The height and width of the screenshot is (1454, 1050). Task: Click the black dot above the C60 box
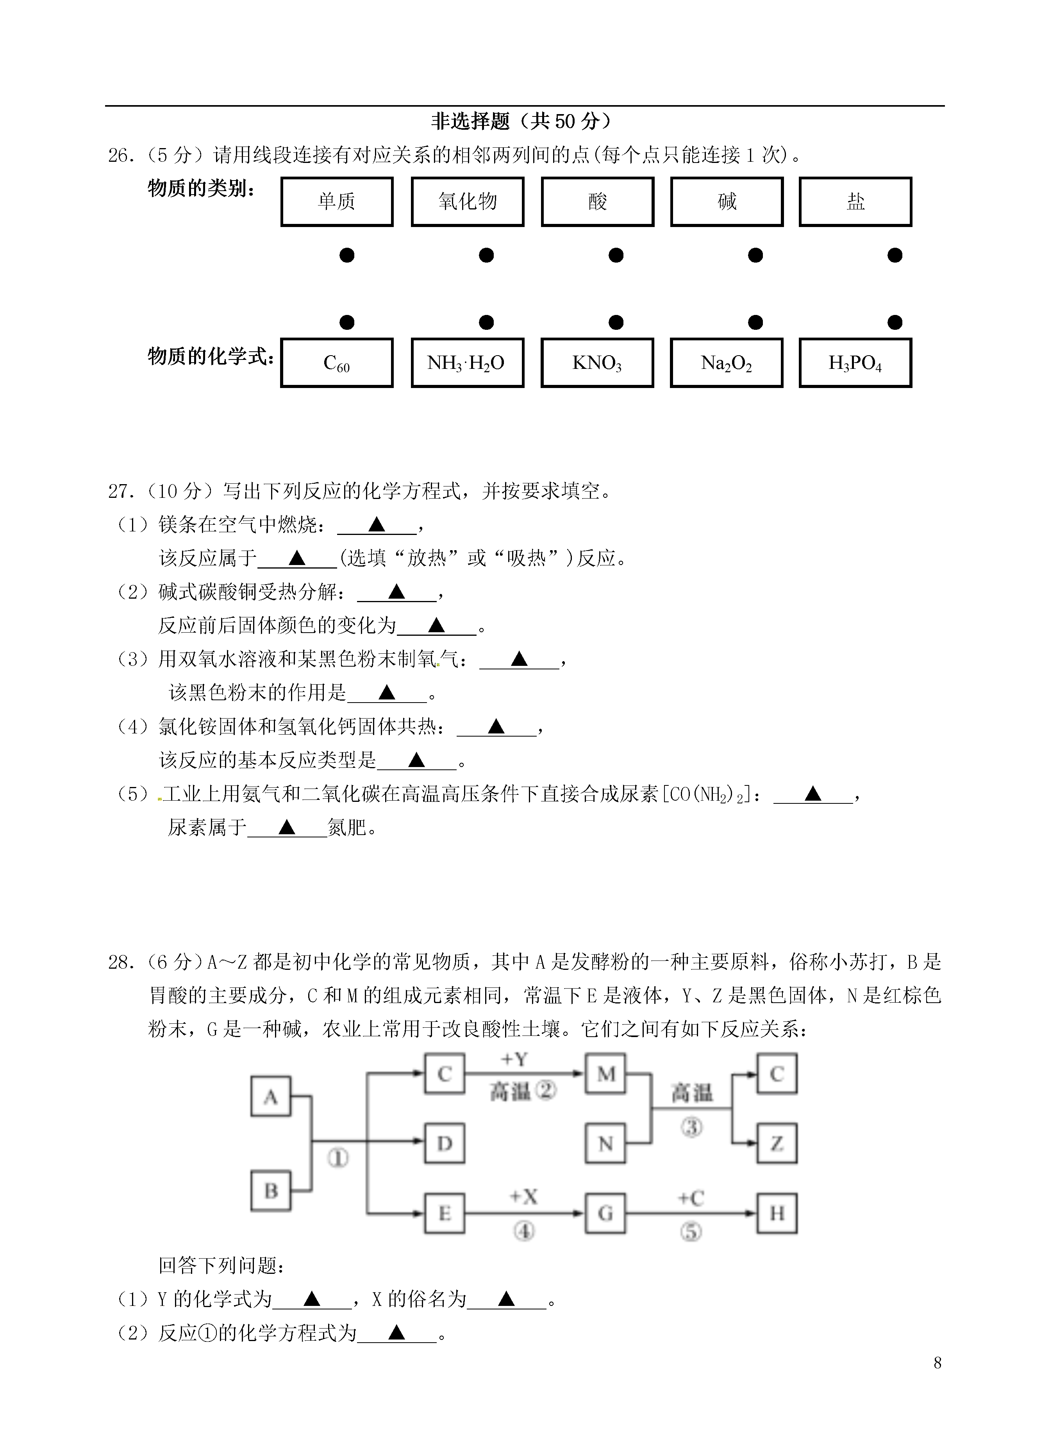tap(347, 322)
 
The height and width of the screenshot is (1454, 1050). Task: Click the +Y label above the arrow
tap(514, 1060)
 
